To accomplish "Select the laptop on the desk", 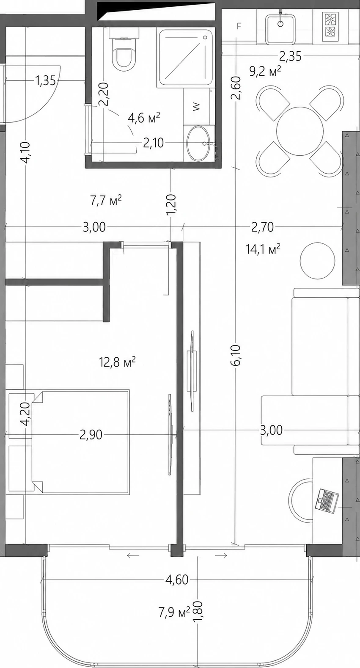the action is [327, 501].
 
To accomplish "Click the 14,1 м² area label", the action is [263, 248].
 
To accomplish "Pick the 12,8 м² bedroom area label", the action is [118, 362].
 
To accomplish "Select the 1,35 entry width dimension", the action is [46, 80].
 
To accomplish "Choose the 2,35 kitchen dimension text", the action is [290, 56].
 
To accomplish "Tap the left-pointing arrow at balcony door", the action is [133, 555].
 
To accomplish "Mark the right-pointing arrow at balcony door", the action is [221, 555].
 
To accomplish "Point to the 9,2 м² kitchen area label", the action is [265, 72].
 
